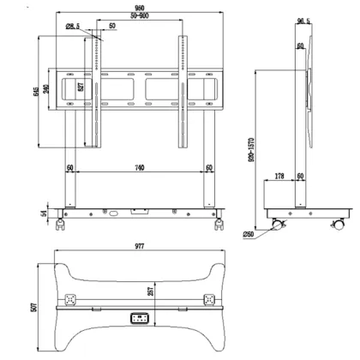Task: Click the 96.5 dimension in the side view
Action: tap(303, 21)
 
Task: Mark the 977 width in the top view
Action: tap(137, 246)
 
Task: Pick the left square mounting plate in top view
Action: tap(70, 302)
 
